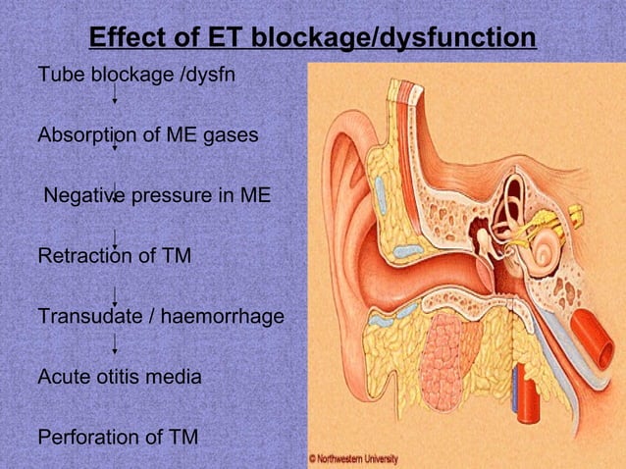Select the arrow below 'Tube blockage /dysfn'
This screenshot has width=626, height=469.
coord(116,95)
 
